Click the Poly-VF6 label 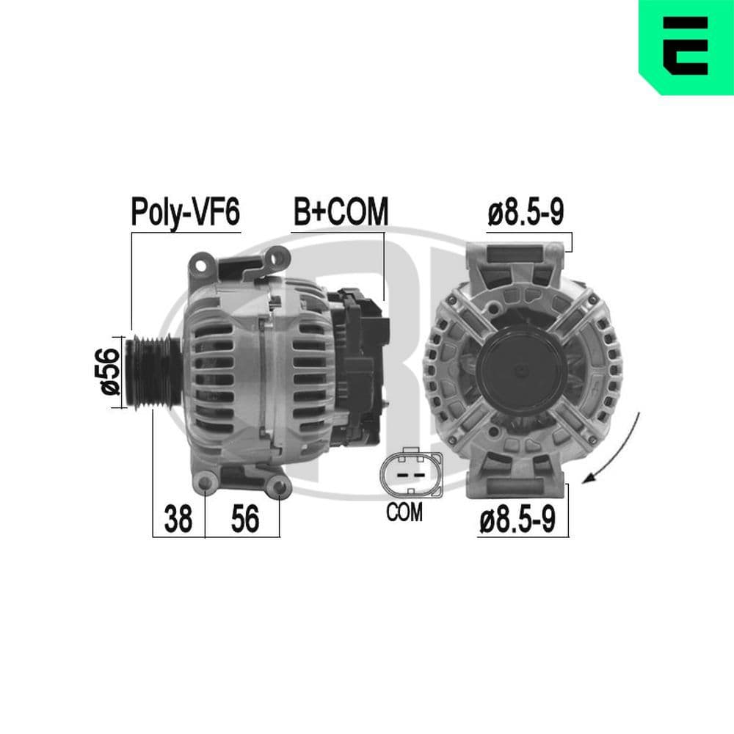[185, 213]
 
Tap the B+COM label [340, 212]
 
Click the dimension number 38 [178, 519]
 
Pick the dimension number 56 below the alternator [245, 519]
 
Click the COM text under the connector [404, 512]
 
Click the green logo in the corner [686, 46]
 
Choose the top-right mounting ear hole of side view [278, 257]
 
